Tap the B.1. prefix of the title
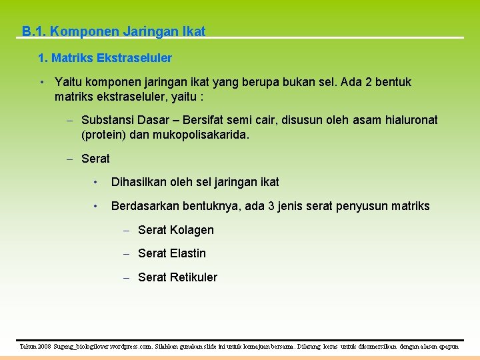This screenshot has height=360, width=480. (x=33, y=31)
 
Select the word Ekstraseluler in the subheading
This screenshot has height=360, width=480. (x=134, y=58)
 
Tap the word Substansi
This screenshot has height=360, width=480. (x=107, y=120)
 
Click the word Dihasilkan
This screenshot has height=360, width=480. (x=141, y=182)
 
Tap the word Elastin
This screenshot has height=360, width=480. (x=188, y=253)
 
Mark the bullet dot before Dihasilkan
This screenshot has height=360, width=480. (x=97, y=182)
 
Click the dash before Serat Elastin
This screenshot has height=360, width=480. (x=127, y=253)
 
